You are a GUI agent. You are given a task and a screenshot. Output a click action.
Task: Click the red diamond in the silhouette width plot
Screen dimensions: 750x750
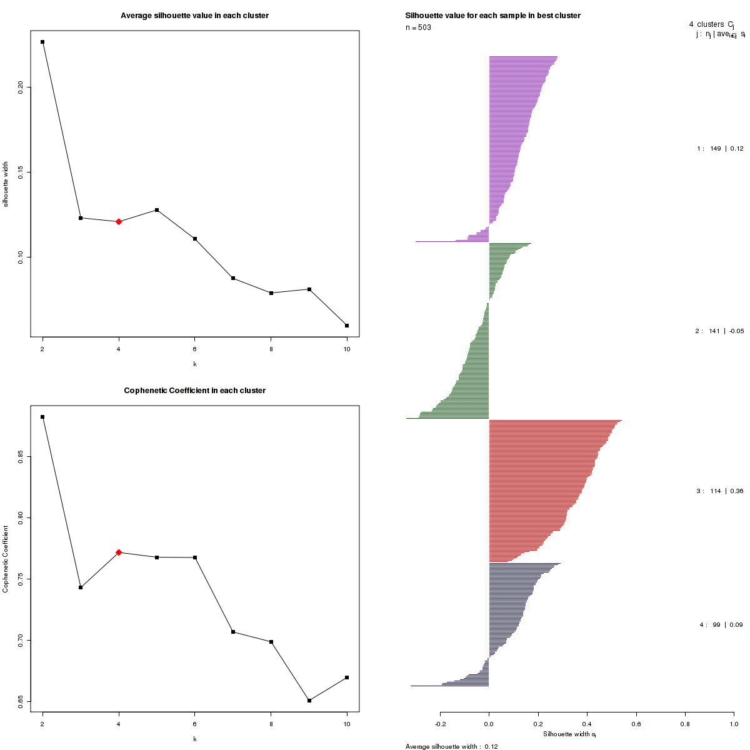point(119,221)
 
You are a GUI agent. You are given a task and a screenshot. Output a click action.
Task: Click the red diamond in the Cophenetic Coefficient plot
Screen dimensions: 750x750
point(119,552)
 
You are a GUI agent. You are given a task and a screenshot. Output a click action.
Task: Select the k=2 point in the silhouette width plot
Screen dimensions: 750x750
point(42,42)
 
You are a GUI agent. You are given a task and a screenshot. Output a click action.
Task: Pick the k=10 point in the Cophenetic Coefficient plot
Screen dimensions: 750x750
point(347,677)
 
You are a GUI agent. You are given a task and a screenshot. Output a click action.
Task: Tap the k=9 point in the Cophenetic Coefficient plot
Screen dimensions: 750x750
point(309,701)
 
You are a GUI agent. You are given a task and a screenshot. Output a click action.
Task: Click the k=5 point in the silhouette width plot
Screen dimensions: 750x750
point(157,210)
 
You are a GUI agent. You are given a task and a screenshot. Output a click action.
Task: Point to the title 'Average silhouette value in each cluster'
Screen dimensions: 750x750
point(194,16)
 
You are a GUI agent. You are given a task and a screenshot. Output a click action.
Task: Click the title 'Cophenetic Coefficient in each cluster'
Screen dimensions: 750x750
point(194,391)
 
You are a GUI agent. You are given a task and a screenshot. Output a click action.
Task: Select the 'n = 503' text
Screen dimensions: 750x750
point(418,27)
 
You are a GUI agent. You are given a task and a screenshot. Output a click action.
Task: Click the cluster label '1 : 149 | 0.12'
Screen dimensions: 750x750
point(720,149)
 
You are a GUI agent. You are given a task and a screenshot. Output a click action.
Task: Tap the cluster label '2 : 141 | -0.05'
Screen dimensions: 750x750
point(719,331)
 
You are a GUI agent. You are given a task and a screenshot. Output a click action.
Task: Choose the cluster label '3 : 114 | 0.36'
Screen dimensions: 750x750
point(720,491)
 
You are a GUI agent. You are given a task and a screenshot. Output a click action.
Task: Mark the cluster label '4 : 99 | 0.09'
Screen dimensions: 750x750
point(721,625)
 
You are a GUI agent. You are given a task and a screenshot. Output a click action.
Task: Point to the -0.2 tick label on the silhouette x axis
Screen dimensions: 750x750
point(440,724)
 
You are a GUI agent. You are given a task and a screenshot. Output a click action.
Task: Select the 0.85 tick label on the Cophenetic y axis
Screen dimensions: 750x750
point(21,457)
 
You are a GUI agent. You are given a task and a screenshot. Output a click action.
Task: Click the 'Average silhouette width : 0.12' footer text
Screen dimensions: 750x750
point(451,746)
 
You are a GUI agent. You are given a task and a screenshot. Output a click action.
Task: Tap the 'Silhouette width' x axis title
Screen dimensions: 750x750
point(569,734)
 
